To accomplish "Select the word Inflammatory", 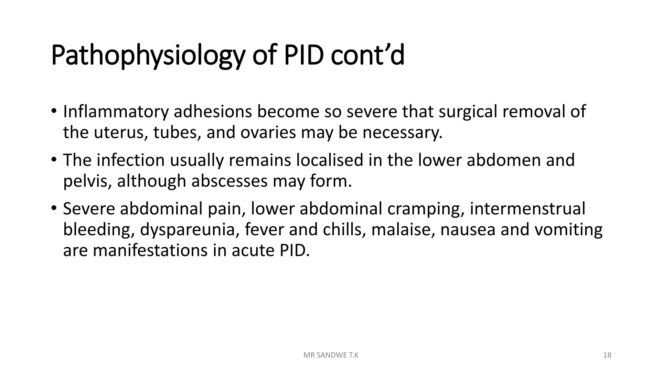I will pyautogui.click(x=116, y=112).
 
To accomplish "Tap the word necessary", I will pyautogui.click(x=402, y=132).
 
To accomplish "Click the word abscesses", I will pyautogui.click(x=230, y=181).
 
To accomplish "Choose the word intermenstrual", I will pyautogui.click(x=527, y=209).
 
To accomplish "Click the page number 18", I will pyautogui.click(x=607, y=355).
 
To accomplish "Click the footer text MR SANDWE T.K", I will pyautogui.click(x=331, y=355).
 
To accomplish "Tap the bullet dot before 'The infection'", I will pyautogui.click(x=54, y=159).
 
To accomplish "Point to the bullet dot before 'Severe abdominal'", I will pyautogui.click(x=54, y=207).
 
